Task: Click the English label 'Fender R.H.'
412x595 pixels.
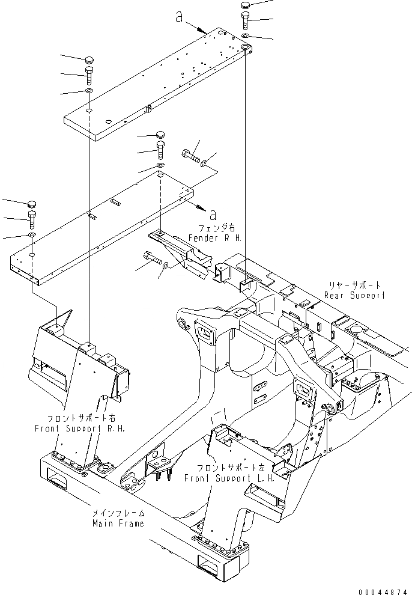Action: (x=215, y=238)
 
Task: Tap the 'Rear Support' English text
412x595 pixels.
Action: (x=354, y=295)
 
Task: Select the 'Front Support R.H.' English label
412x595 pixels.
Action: (x=80, y=429)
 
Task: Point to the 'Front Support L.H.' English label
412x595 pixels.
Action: (x=229, y=478)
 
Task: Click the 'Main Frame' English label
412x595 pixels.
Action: (x=118, y=523)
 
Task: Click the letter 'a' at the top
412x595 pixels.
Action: (x=180, y=16)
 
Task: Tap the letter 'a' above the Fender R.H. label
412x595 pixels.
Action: (x=213, y=215)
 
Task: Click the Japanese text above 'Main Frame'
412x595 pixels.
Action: (x=118, y=513)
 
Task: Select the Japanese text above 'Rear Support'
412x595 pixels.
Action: (x=354, y=285)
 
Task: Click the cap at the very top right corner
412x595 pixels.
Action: (x=245, y=5)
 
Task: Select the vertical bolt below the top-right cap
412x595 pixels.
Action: (x=245, y=20)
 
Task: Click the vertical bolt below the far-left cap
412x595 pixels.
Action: (x=31, y=219)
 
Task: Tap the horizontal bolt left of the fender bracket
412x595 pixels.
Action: (x=152, y=259)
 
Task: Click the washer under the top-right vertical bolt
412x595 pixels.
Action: (x=245, y=35)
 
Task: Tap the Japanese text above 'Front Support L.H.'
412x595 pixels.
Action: (x=229, y=468)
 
